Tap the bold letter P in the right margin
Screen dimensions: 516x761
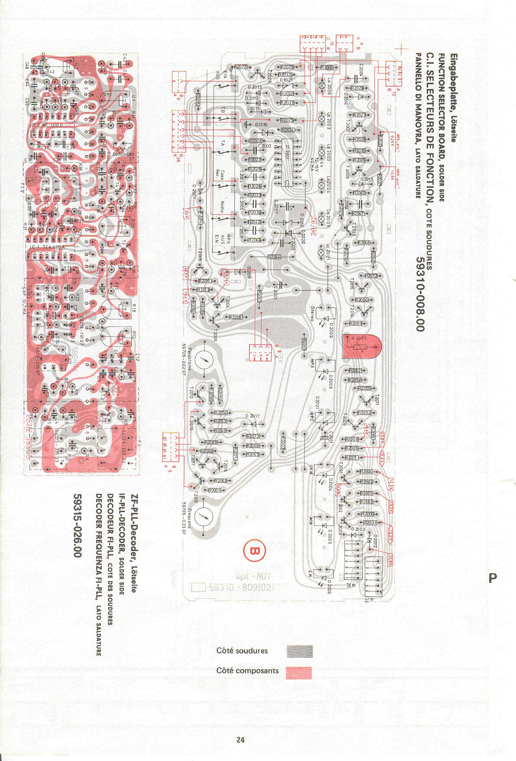pyautogui.click(x=492, y=578)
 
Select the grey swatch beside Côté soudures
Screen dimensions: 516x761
pyautogui.click(x=299, y=651)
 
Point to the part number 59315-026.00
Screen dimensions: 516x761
pyautogui.click(x=78, y=526)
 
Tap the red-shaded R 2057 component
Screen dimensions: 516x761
pyautogui.click(x=361, y=346)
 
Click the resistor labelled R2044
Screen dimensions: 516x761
pyautogui.click(x=274, y=257)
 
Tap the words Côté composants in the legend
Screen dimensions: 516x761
pyautogui.click(x=247, y=670)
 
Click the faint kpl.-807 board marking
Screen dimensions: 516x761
pyautogui.click(x=253, y=576)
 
